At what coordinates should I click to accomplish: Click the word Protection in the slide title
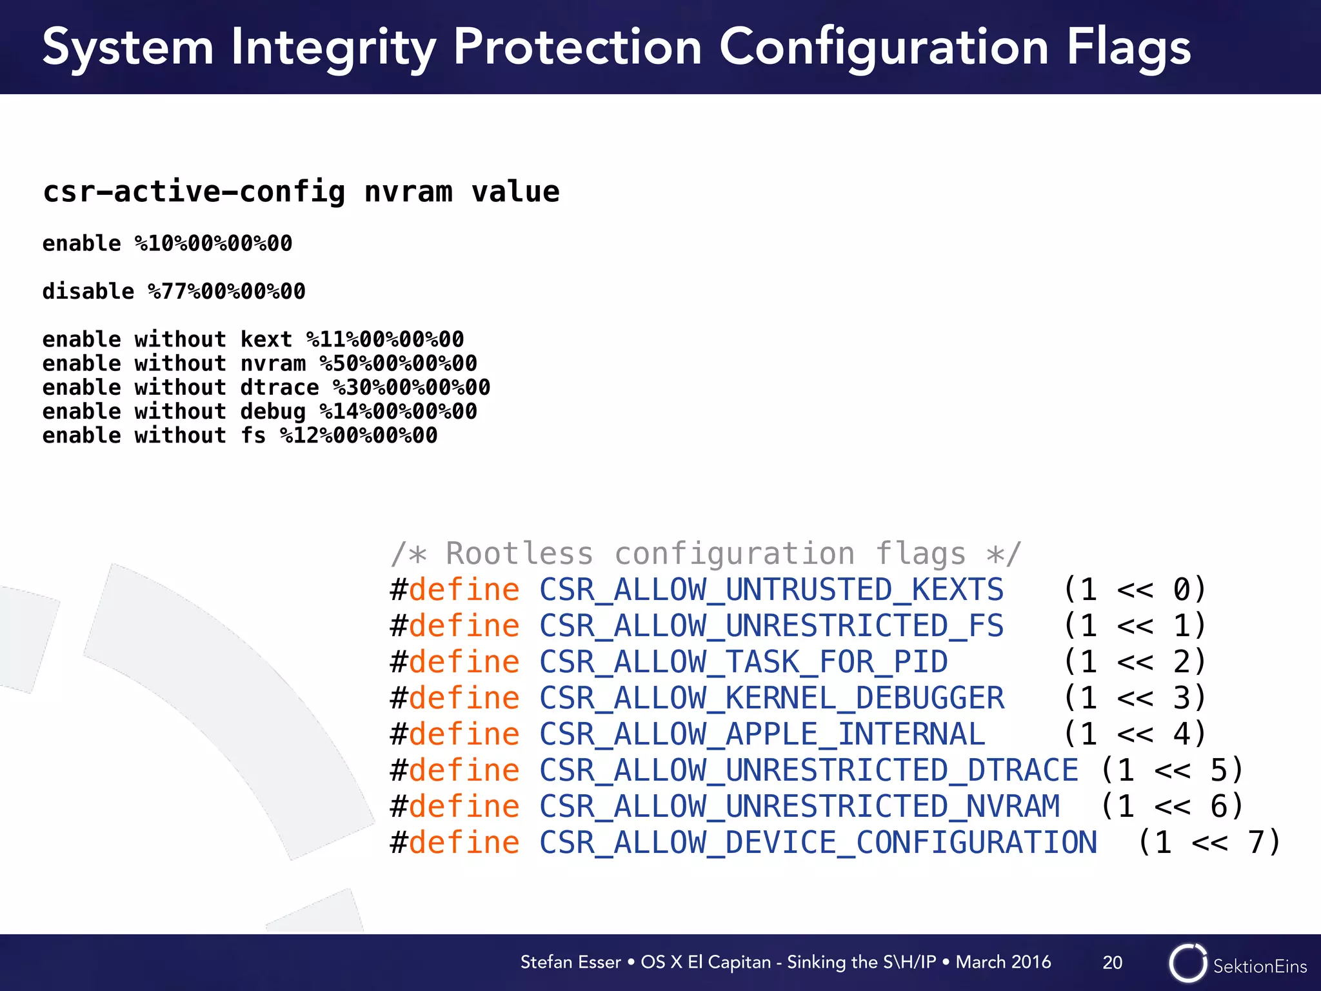[577, 47]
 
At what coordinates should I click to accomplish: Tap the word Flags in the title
[1128, 47]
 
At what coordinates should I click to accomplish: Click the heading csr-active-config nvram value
[301, 192]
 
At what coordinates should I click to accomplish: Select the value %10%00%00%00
[213, 244]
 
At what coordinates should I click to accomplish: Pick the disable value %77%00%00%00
[226, 292]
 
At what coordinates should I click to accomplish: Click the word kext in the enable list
[266, 339]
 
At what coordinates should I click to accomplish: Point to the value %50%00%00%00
[398, 363]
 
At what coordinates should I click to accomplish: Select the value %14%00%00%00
[398, 412]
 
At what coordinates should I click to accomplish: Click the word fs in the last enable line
[253, 435]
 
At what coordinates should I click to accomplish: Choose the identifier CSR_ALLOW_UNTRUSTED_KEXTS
[771, 590]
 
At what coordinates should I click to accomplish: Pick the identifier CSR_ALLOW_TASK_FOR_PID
[743, 662]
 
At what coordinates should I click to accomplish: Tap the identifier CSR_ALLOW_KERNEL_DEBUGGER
[771, 698]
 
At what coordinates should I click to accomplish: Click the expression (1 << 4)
[1134, 734]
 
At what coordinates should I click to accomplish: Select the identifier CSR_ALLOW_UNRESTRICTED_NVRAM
[799, 806]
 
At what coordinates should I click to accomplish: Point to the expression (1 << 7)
[1209, 843]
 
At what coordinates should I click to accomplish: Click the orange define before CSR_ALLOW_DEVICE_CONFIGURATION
[464, 843]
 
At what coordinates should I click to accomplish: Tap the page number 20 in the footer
[1112, 963]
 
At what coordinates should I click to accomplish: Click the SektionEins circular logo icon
[1187, 963]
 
